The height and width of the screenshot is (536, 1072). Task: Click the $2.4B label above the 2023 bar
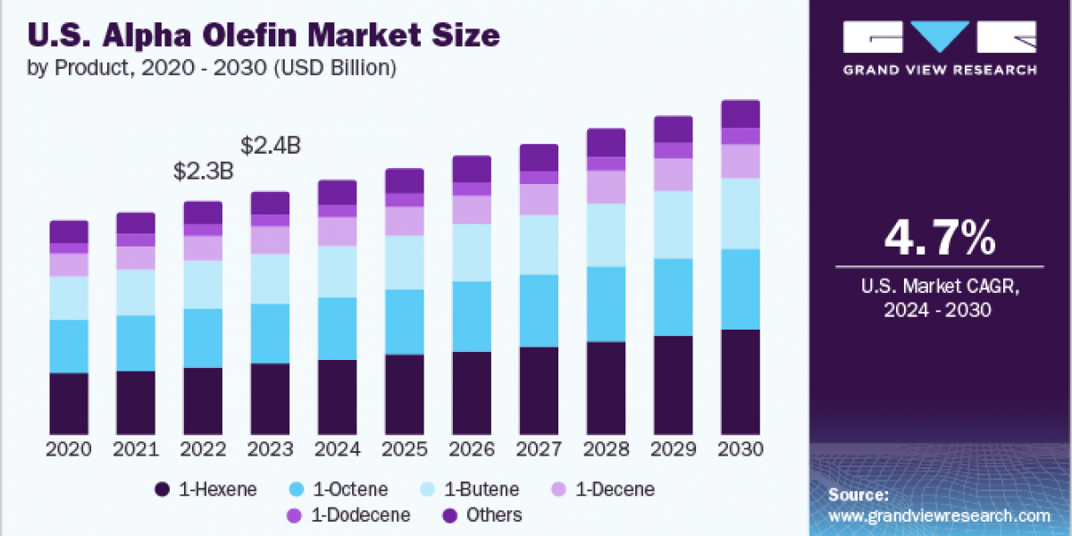[x=272, y=146]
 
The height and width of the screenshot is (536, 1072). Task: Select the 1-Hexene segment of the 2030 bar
[x=740, y=381]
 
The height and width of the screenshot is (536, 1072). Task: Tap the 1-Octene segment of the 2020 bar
[x=69, y=346]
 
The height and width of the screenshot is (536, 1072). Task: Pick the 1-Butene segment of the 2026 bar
[x=472, y=253]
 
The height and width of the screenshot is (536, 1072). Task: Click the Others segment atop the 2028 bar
[x=606, y=142]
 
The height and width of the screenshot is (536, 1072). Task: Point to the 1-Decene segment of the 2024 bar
[x=338, y=231]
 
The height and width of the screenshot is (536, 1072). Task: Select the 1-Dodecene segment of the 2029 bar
[x=673, y=150]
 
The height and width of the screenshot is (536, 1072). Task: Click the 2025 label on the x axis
[x=405, y=449]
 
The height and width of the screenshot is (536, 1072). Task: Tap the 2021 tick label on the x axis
[x=137, y=449]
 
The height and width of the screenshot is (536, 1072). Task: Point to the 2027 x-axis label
[x=539, y=449]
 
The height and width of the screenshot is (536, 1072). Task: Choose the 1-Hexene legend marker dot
[x=162, y=490]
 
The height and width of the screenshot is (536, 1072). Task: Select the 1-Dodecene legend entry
[x=349, y=515]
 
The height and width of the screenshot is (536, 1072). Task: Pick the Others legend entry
[x=482, y=515]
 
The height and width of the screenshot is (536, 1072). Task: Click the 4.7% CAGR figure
[x=939, y=239]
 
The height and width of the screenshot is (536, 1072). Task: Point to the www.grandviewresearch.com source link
[x=939, y=515]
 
